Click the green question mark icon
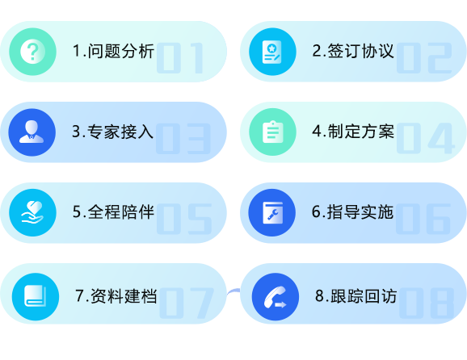click(x=32, y=52)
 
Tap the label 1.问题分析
click(x=113, y=51)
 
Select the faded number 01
click(x=180, y=58)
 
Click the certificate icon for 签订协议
click(x=272, y=52)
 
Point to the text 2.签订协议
click(x=353, y=51)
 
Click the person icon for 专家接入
click(x=32, y=132)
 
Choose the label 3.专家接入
click(x=113, y=132)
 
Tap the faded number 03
click(x=183, y=139)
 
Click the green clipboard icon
click(x=272, y=132)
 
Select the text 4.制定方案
click(x=353, y=132)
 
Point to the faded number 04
click(x=426, y=138)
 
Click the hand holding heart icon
click(x=32, y=213)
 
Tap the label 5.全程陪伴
click(x=113, y=212)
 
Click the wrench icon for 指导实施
click(x=272, y=213)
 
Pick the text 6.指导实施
click(x=352, y=212)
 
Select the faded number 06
click(x=423, y=219)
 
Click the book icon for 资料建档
click(x=36, y=296)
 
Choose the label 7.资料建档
click(x=116, y=296)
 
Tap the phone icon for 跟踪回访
click(x=276, y=296)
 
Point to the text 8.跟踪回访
click(x=356, y=296)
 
